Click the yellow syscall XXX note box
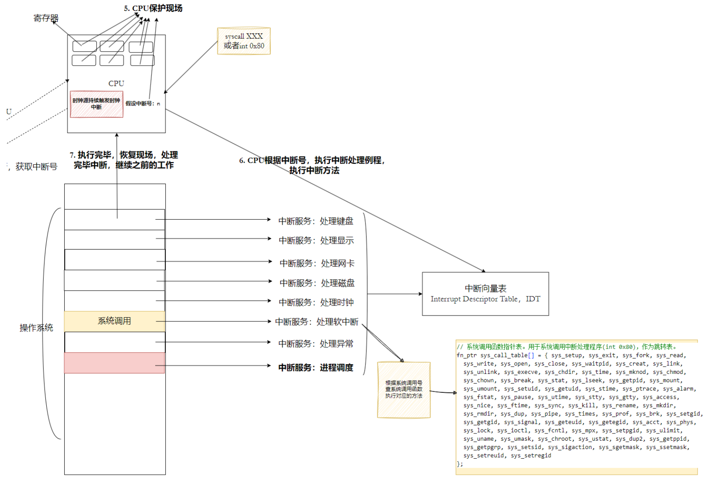click(243, 41)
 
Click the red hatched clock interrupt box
click(96, 104)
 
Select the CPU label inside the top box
click(116, 84)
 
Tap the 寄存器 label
click(46, 18)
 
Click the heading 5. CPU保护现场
click(153, 8)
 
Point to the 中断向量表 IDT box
click(485, 294)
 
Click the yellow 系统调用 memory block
click(114, 321)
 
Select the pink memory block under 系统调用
click(114, 363)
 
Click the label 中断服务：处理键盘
click(316, 221)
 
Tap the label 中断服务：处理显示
click(316, 240)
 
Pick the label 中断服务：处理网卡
click(317, 263)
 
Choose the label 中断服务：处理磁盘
click(317, 283)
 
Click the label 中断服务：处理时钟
click(316, 302)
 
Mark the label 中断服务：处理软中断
click(317, 322)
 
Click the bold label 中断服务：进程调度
click(316, 368)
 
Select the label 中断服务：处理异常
click(316, 344)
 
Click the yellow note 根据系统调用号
click(404, 389)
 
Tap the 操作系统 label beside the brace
click(36, 328)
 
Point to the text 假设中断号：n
click(143, 104)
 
